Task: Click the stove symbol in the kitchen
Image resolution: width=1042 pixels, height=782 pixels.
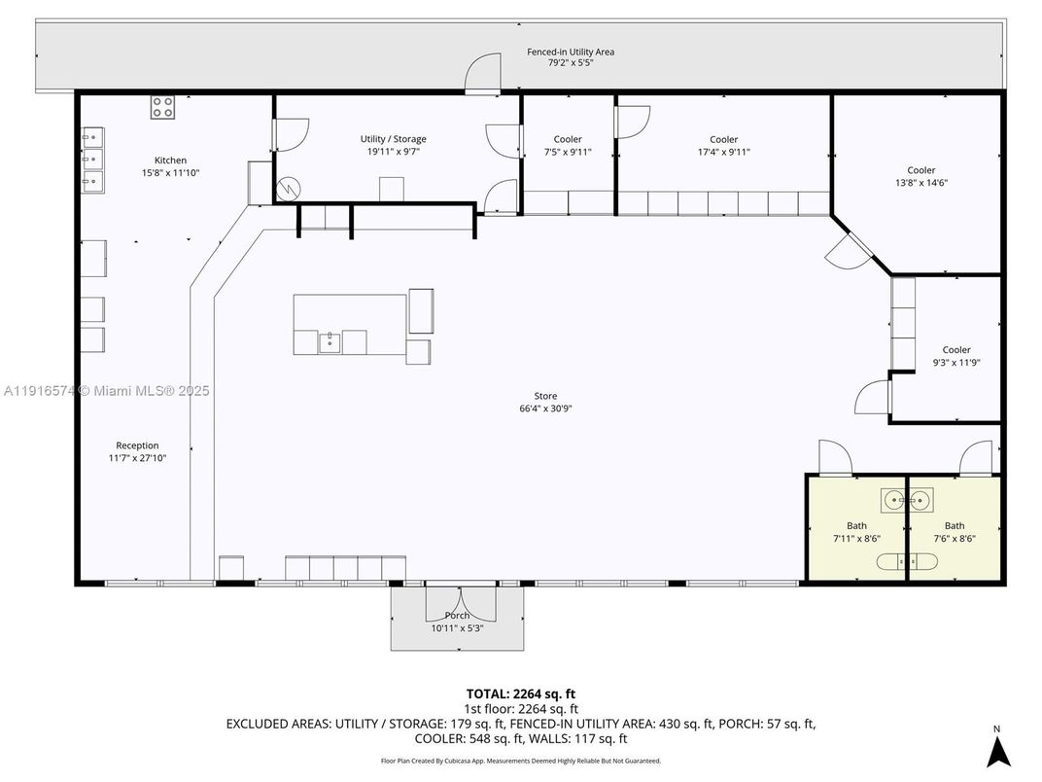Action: click(163, 107)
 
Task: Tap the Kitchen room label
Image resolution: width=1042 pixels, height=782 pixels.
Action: click(170, 160)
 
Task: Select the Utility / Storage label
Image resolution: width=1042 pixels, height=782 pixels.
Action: click(393, 139)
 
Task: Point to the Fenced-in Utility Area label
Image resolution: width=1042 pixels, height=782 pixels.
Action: click(570, 52)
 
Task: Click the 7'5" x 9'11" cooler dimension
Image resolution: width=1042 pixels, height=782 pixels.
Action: click(568, 152)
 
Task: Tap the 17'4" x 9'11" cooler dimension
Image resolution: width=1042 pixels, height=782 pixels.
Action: click(723, 152)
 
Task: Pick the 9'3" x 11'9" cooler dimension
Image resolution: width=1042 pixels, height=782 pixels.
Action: click(955, 363)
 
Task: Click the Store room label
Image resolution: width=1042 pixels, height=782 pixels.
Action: click(545, 396)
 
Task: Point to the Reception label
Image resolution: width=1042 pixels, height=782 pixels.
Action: click(137, 445)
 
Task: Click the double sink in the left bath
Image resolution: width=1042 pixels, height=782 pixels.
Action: click(906, 500)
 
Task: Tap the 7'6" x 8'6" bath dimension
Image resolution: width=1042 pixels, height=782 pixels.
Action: click(955, 538)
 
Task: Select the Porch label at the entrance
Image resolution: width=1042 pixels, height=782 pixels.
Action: click(457, 616)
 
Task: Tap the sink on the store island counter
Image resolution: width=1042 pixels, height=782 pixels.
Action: click(330, 341)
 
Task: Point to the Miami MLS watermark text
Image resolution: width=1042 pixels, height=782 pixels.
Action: click(107, 391)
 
